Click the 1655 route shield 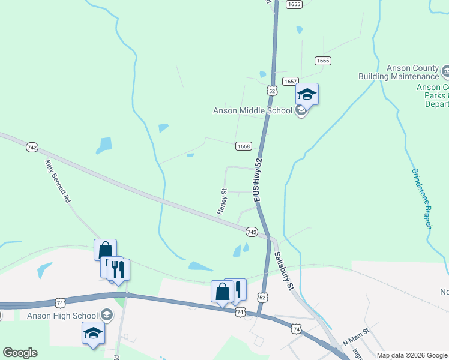tap(294, 4)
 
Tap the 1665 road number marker tap(323, 61)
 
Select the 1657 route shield tap(291, 81)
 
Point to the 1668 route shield tap(243, 146)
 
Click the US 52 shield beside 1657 tap(272, 91)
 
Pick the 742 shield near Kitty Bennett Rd tap(32, 147)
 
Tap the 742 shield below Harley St tap(252, 232)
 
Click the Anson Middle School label tap(253, 110)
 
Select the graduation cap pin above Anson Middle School tap(307, 94)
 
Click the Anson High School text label tap(62, 315)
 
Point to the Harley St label tap(221, 202)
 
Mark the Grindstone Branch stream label tap(421, 198)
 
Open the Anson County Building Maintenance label tap(399, 72)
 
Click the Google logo tap(20, 353)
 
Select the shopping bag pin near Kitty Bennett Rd tap(105, 250)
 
